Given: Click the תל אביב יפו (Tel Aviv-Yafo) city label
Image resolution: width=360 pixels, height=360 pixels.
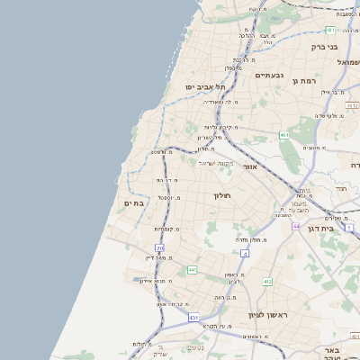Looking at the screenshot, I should point(204,86).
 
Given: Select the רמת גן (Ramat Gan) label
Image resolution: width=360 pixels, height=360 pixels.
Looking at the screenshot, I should point(307,81).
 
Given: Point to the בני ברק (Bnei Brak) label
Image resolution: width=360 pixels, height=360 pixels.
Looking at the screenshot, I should point(323,46).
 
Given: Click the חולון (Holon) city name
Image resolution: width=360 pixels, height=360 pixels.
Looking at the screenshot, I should point(222,195).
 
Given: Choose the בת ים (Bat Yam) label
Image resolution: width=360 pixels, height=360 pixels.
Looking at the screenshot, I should point(133,204).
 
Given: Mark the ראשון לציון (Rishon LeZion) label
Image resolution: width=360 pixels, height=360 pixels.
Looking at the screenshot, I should point(266,315).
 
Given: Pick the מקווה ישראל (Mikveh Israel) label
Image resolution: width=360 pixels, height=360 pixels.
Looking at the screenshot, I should point(215,162).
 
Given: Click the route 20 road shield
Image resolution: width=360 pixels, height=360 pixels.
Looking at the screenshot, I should point(159,247).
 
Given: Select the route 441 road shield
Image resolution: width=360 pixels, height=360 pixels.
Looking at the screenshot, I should point(192,269).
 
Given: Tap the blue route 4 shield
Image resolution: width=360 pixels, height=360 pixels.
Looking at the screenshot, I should point(245,253).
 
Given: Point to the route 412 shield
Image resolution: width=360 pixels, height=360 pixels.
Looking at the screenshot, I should point(267,282).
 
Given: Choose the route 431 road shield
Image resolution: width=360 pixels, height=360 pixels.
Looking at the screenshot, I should point(193,317).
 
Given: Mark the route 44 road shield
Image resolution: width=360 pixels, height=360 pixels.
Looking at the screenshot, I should point(296,226).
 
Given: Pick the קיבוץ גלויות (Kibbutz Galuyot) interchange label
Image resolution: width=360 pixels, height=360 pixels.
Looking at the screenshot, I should point(223,127).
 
